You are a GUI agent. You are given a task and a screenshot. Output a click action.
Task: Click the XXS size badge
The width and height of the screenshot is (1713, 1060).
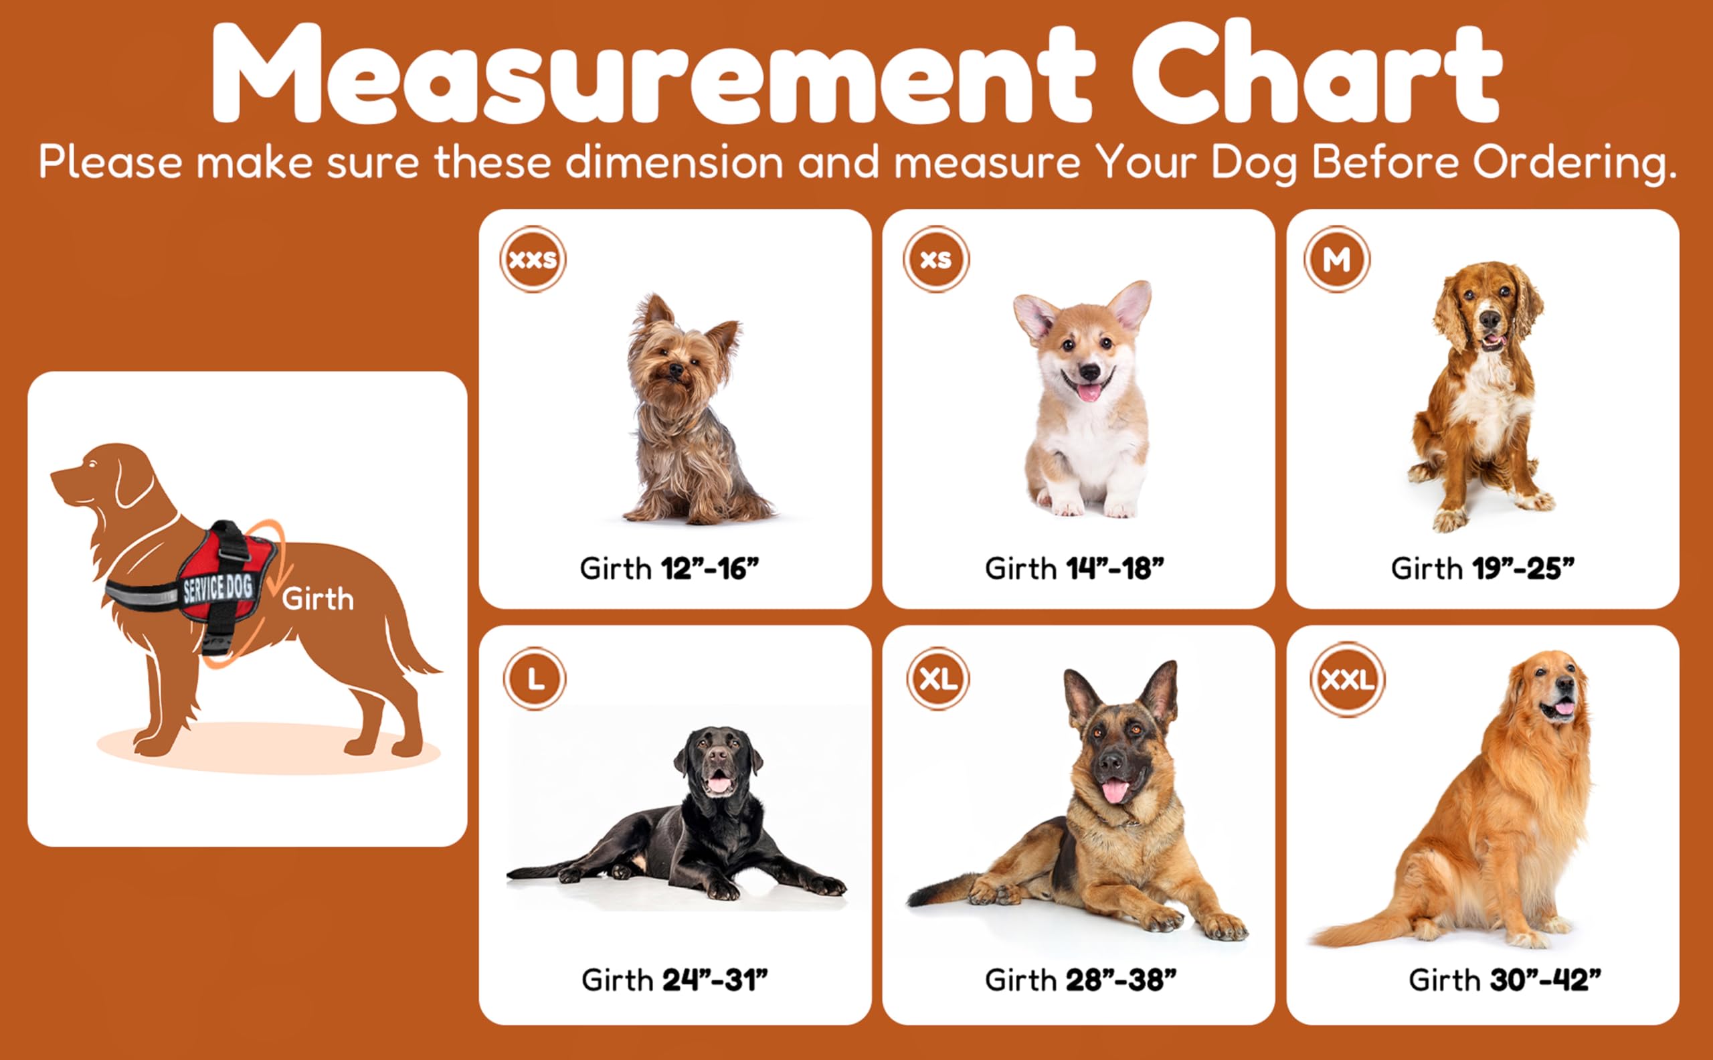tap(533, 260)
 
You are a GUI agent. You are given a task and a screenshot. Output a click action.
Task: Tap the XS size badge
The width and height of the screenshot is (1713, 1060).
tap(936, 260)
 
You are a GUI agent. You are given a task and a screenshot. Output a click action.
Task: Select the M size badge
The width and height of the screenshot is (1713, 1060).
tap(1337, 260)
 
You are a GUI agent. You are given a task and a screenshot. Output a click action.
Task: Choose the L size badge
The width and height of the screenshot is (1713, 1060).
tap(535, 679)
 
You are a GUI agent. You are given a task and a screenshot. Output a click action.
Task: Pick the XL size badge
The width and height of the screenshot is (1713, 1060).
tap(938, 679)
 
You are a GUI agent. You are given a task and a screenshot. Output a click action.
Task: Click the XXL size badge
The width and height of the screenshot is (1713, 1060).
tap(1347, 679)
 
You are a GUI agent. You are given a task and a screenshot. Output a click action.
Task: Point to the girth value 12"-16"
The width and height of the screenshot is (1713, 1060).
tap(710, 569)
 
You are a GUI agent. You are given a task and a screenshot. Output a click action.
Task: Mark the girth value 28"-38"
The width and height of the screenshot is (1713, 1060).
tap(1121, 980)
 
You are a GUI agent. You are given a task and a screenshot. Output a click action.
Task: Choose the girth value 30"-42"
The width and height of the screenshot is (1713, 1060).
tap(1546, 980)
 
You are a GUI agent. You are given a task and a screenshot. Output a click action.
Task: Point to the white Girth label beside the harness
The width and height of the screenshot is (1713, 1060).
tap(318, 600)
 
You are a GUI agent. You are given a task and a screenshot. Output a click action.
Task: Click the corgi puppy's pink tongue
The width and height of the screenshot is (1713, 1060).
tap(1088, 392)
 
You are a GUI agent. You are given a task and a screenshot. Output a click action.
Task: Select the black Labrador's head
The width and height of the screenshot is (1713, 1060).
tap(719, 764)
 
